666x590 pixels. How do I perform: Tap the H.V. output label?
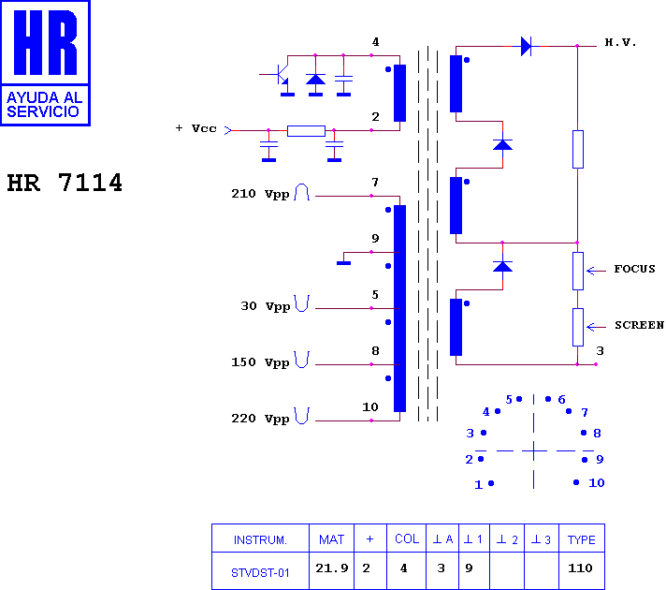pos(620,42)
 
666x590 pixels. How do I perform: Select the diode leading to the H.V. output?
pos(527,46)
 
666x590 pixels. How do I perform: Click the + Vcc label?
pos(195,128)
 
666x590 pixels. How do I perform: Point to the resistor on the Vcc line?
pos(306,130)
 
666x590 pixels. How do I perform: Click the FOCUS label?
pos(634,269)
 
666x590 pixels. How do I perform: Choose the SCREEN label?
pos(639,325)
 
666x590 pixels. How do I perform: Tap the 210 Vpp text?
pos(260,194)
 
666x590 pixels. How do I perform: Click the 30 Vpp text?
pos(266,306)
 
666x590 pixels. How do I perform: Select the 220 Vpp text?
pos(260,419)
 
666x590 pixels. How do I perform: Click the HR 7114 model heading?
pos(65,183)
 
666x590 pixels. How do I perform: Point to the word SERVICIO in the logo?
pos(43,111)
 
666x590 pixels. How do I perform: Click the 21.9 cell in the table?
pos(332,568)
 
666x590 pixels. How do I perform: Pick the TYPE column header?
pos(582,539)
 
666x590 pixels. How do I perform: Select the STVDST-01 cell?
pos(260,573)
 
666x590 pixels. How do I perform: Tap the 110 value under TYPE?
pos(580,568)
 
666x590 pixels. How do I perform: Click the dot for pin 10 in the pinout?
pos(576,482)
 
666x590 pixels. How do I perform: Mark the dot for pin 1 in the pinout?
pos(491,483)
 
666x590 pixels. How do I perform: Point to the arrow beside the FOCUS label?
pos(597,271)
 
